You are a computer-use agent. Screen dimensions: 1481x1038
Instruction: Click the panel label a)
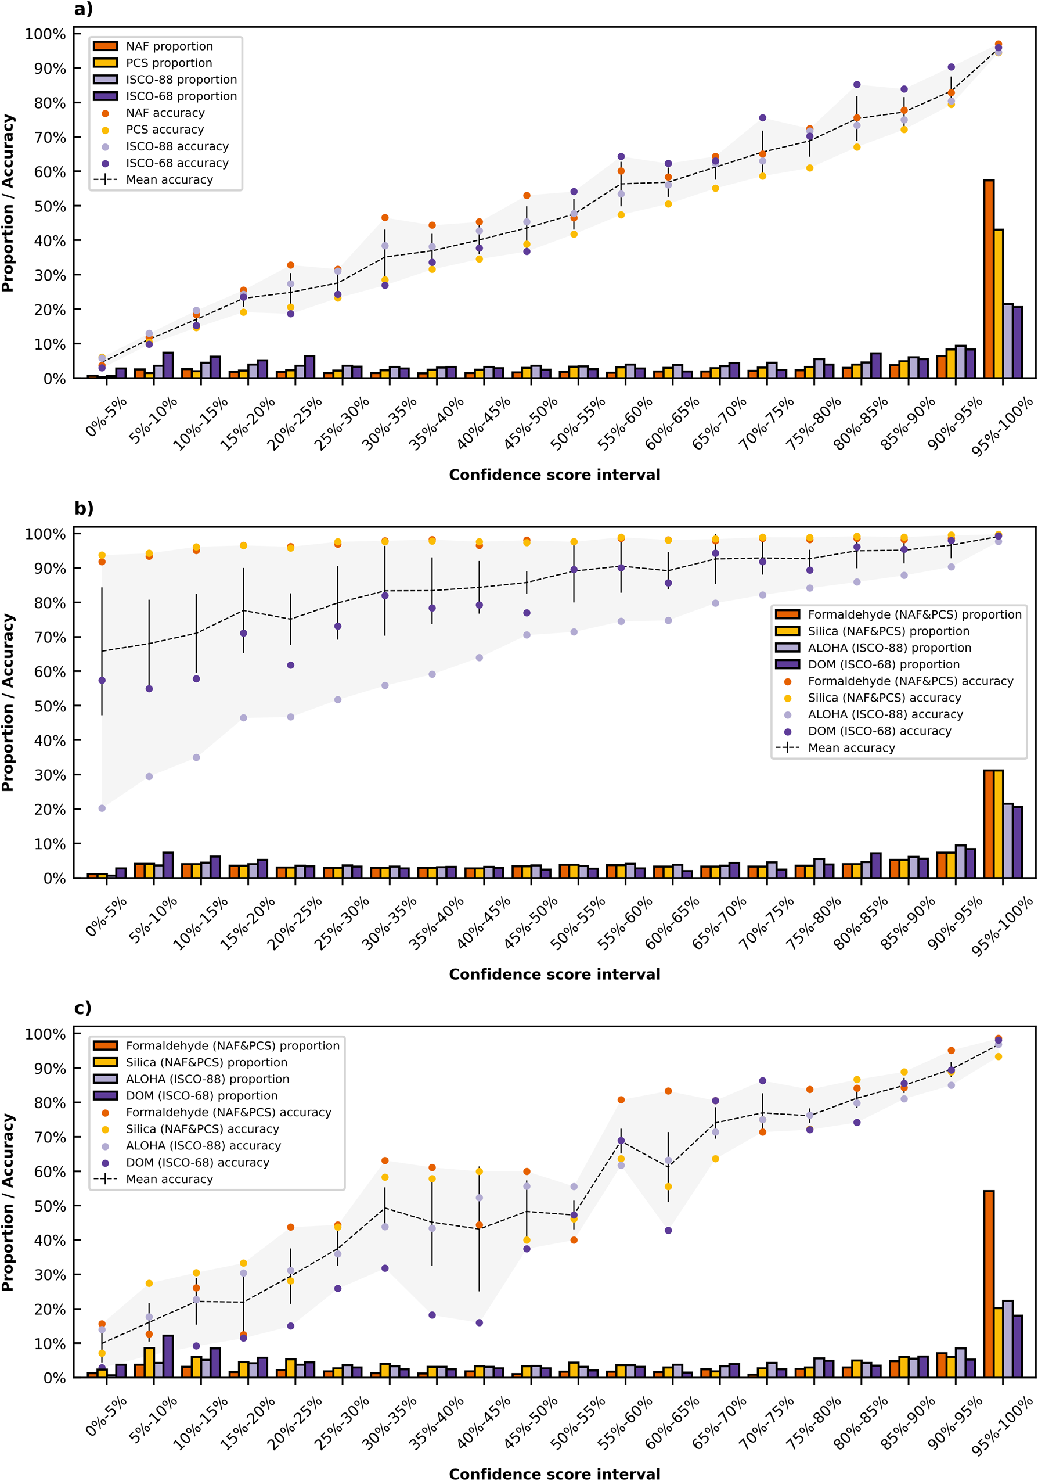(x=83, y=9)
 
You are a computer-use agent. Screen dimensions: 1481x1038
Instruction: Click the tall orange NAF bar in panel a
(x=987, y=279)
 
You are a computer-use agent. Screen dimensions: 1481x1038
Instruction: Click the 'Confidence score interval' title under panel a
(x=554, y=475)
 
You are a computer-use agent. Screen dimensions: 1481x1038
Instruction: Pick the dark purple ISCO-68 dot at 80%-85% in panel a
(x=856, y=84)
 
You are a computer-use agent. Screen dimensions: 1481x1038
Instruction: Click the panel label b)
(x=84, y=508)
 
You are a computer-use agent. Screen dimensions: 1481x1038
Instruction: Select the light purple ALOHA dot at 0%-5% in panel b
(x=102, y=808)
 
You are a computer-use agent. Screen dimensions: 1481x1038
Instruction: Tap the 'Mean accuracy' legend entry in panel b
(x=850, y=748)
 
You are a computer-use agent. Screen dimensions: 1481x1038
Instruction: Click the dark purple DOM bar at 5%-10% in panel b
(x=168, y=865)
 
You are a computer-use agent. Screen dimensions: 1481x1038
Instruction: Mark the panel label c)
(x=82, y=1008)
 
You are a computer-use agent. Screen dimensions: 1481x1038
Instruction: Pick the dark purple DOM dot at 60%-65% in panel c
(x=668, y=1231)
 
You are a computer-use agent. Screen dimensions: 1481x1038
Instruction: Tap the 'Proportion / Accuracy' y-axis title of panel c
(x=8, y=1202)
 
